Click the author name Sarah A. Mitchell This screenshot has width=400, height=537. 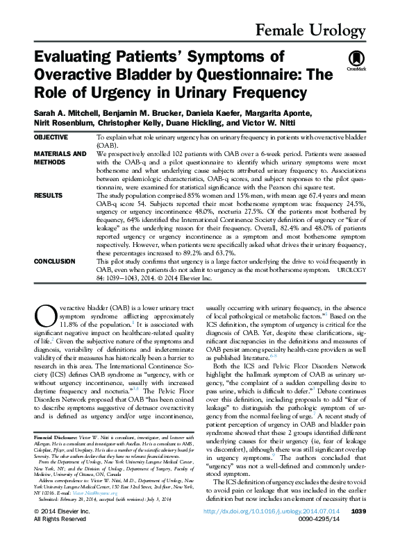point(60,112)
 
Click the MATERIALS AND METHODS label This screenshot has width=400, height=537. point(60,157)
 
